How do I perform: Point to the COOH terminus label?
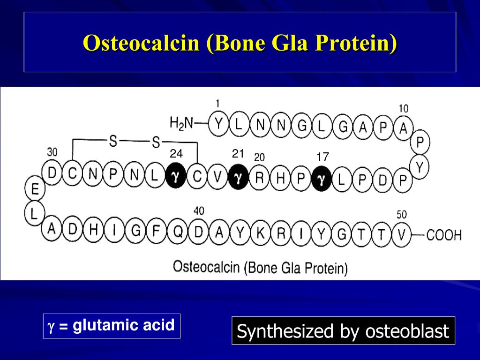click(443, 235)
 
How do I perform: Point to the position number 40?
click(198, 211)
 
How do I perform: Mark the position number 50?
click(402, 214)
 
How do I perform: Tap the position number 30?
click(52, 152)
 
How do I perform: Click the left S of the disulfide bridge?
click(113, 141)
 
